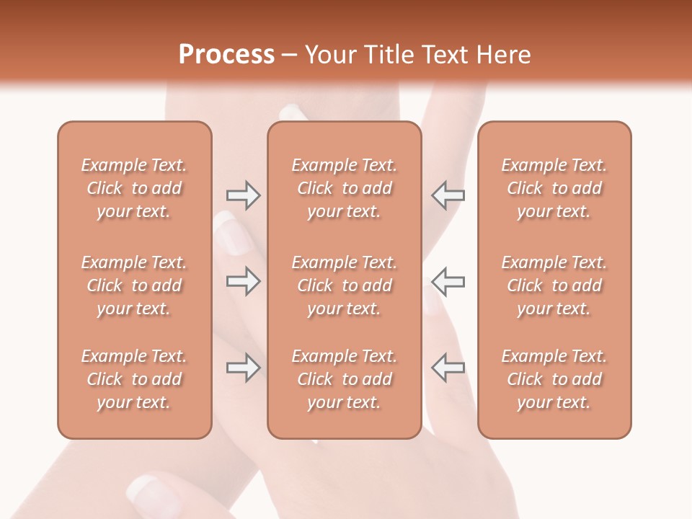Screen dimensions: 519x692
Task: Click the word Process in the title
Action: (226, 55)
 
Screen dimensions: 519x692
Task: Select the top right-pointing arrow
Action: (244, 195)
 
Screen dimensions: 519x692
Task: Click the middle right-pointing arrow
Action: (244, 281)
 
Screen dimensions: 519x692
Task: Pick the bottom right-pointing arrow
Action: (244, 368)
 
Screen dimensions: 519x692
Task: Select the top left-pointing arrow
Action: (448, 195)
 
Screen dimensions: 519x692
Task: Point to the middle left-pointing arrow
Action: (448, 281)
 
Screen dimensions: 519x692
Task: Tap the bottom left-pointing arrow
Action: (448, 368)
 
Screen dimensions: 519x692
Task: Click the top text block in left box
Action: (134, 188)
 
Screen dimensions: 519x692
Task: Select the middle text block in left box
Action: (134, 285)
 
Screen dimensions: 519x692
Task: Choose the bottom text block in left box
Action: (134, 379)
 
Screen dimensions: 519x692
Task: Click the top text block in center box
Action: (344, 188)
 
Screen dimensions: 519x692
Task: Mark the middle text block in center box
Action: (344, 285)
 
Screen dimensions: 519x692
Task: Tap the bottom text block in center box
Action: (344, 379)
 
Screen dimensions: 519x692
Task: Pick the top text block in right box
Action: (554, 188)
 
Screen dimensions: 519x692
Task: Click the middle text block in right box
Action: (554, 285)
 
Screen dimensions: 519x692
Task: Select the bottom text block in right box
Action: (554, 379)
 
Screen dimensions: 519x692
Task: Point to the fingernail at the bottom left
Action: (148, 492)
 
